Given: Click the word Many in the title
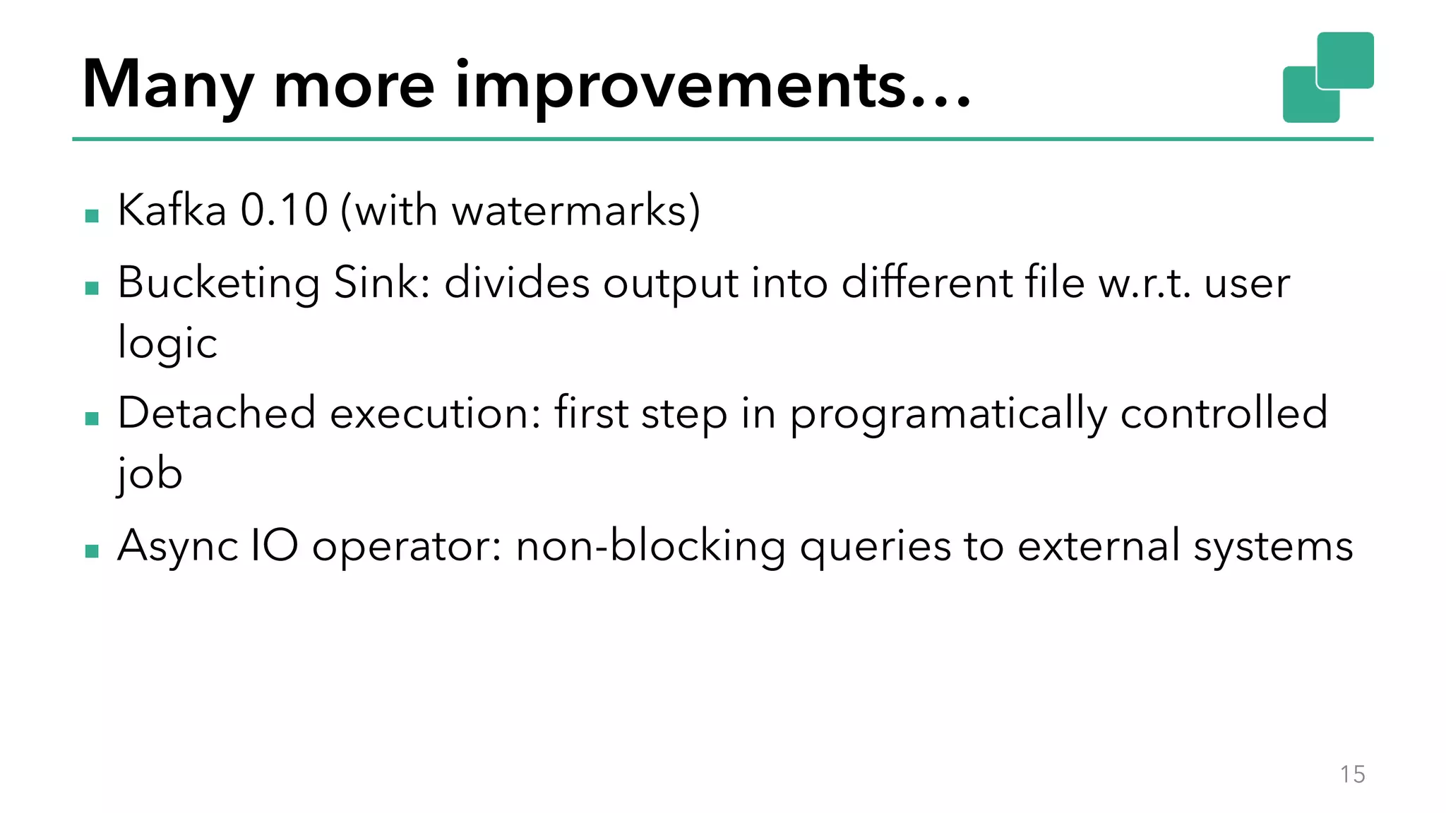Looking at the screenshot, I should pyautogui.click(x=167, y=85).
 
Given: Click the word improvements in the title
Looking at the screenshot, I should pyautogui.click(x=713, y=85).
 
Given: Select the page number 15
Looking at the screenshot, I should pyautogui.click(x=1352, y=774).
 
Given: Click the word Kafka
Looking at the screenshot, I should pyautogui.click(x=172, y=210).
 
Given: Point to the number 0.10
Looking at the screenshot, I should pyautogui.click(x=284, y=210).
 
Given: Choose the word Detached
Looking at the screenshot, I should pyautogui.click(x=216, y=413).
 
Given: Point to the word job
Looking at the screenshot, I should pyautogui.click(x=150, y=474).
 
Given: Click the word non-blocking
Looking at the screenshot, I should pyautogui.click(x=650, y=546).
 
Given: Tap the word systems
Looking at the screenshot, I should pyautogui.click(x=1273, y=546).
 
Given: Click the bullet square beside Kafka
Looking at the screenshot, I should pyautogui.click(x=92, y=215).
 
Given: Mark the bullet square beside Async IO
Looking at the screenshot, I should pyautogui.click(x=92, y=550).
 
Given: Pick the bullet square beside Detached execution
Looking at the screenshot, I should pyautogui.click(x=92, y=418).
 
